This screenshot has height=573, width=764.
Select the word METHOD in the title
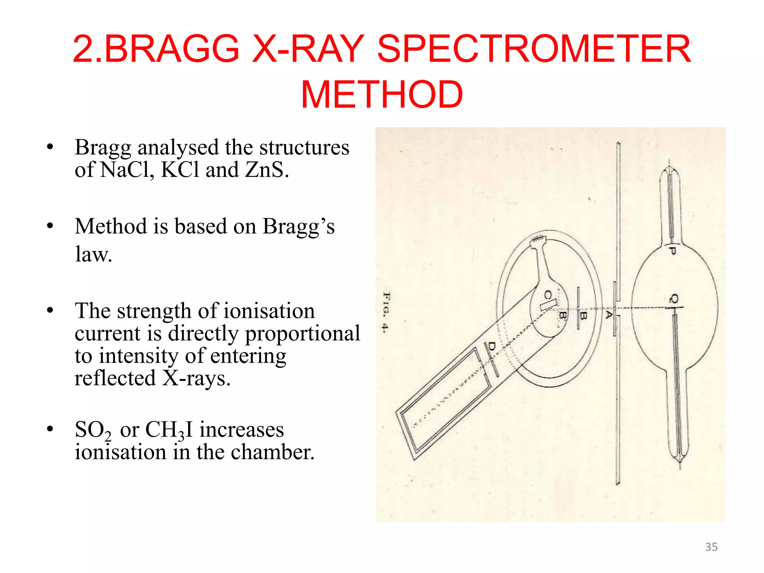[x=382, y=95]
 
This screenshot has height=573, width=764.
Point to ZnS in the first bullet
[x=266, y=170]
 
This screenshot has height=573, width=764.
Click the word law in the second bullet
[x=93, y=254]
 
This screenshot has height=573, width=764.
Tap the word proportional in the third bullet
[x=303, y=333]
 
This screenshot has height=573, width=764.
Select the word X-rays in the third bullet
[x=196, y=378]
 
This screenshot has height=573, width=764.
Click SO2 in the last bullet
[x=93, y=430]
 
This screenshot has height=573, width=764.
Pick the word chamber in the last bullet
[x=272, y=452]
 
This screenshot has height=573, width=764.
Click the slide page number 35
[x=711, y=547]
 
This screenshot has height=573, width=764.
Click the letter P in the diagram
[x=672, y=251]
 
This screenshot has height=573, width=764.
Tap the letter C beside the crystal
[x=547, y=295]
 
